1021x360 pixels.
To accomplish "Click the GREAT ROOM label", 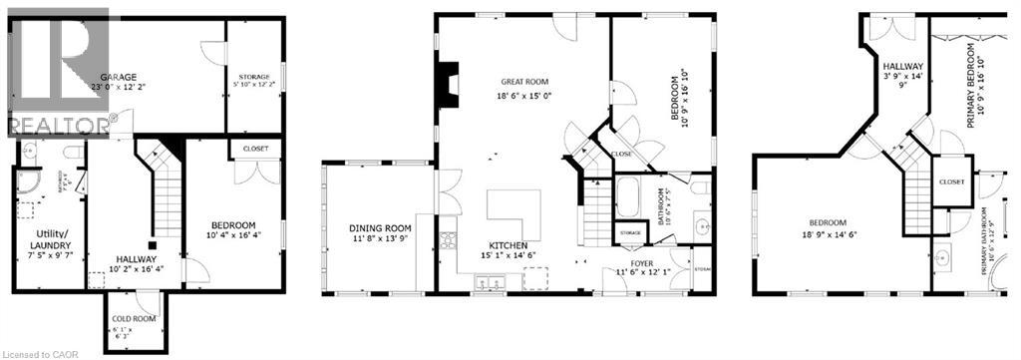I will (x=524, y=82).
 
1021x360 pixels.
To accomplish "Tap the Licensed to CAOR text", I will (x=40, y=352).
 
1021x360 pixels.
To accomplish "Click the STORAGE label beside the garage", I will (x=254, y=77).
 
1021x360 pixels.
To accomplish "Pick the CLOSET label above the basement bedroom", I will (x=248, y=149).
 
